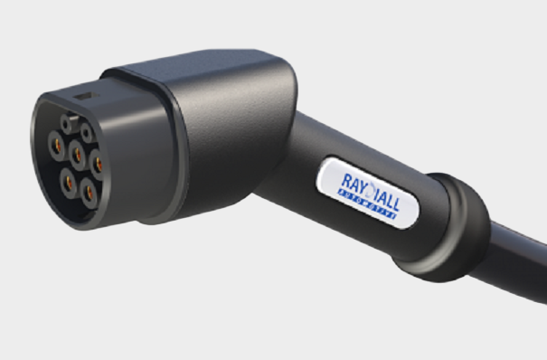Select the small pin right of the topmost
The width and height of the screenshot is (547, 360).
tap(88, 132)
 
